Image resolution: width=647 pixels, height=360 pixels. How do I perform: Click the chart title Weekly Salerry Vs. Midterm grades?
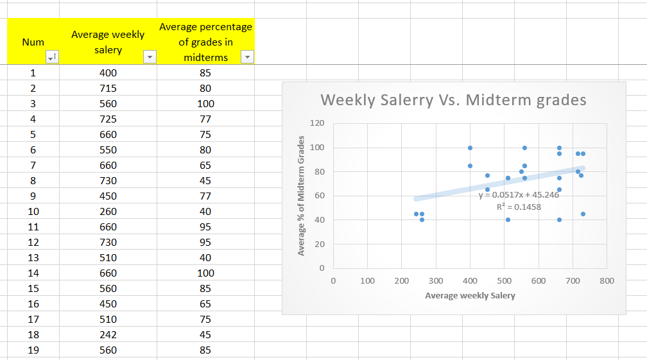point(453,100)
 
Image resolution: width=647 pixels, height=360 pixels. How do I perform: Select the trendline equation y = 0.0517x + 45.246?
point(519,194)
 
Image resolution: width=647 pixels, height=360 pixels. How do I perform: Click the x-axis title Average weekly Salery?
point(470,296)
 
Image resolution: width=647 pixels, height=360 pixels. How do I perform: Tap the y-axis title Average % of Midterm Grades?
point(300,195)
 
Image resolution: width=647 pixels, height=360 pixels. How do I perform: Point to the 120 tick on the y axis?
point(319,123)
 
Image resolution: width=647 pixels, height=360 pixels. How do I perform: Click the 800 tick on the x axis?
point(607,281)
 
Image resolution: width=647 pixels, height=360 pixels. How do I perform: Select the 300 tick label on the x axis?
point(436,281)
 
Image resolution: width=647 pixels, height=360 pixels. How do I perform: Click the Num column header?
point(33,42)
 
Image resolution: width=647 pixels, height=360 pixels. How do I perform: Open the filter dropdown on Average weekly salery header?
point(150,57)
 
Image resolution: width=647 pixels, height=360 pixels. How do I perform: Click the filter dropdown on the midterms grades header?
point(247,57)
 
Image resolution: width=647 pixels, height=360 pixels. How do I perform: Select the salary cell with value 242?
point(108,334)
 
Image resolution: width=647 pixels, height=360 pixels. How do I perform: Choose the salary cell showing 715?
point(108,88)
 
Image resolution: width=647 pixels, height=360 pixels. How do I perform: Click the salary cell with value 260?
point(108,211)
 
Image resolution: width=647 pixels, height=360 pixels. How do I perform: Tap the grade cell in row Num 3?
point(205,103)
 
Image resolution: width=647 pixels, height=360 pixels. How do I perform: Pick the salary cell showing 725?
point(108,119)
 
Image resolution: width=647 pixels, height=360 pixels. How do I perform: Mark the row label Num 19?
point(33,350)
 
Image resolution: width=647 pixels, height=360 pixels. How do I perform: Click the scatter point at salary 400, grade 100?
point(470,148)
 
